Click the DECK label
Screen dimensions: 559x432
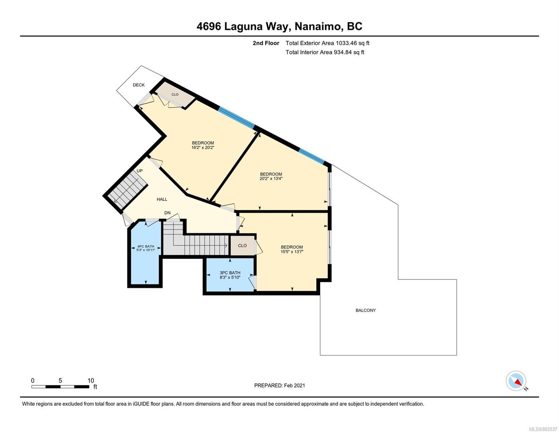[x=139, y=85]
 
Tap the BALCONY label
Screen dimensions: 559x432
[x=366, y=310]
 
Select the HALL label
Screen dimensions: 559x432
[x=162, y=199]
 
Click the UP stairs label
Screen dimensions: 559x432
[x=139, y=171]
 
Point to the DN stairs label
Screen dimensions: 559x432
[x=167, y=213]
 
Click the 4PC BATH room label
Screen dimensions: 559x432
[x=146, y=246]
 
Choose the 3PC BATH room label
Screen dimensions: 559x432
[x=230, y=273]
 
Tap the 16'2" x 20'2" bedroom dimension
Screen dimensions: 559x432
[x=203, y=148]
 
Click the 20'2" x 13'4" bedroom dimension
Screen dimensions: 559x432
[x=271, y=178]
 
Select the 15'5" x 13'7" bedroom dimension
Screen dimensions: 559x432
[x=292, y=252]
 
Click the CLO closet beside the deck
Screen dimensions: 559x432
[x=175, y=94]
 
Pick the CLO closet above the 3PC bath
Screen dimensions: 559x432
[x=242, y=246]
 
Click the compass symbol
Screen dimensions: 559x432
[x=516, y=381]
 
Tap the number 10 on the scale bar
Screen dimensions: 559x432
[x=91, y=381]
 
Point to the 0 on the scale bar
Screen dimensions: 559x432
[x=33, y=381]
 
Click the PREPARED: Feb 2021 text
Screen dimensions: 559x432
[x=280, y=386]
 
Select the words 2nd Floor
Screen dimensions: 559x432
[x=266, y=43]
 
